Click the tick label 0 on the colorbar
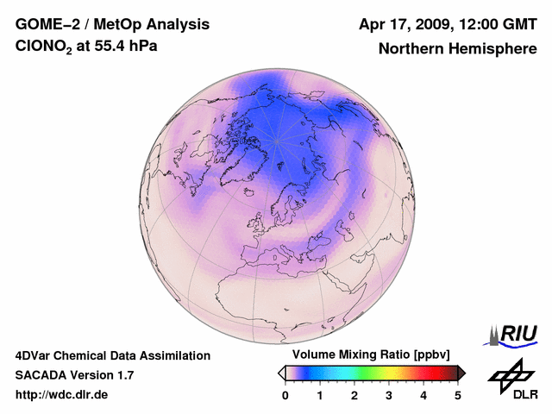(x=285, y=396)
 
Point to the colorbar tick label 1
(x=320, y=396)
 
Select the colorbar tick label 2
(x=354, y=396)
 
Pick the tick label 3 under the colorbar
(x=389, y=396)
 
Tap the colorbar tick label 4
(x=423, y=396)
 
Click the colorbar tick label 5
(x=458, y=396)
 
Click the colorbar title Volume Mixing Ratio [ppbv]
(x=367, y=355)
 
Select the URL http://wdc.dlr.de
(x=62, y=395)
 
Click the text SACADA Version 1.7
(x=74, y=375)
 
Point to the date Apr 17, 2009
(x=398, y=24)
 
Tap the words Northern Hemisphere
(x=458, y=49)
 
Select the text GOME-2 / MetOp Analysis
(x=100, y=24)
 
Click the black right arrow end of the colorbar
(x=461, y=373)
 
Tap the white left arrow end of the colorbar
(x=282, y=373)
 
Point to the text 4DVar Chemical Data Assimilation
(x=113, y=355)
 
